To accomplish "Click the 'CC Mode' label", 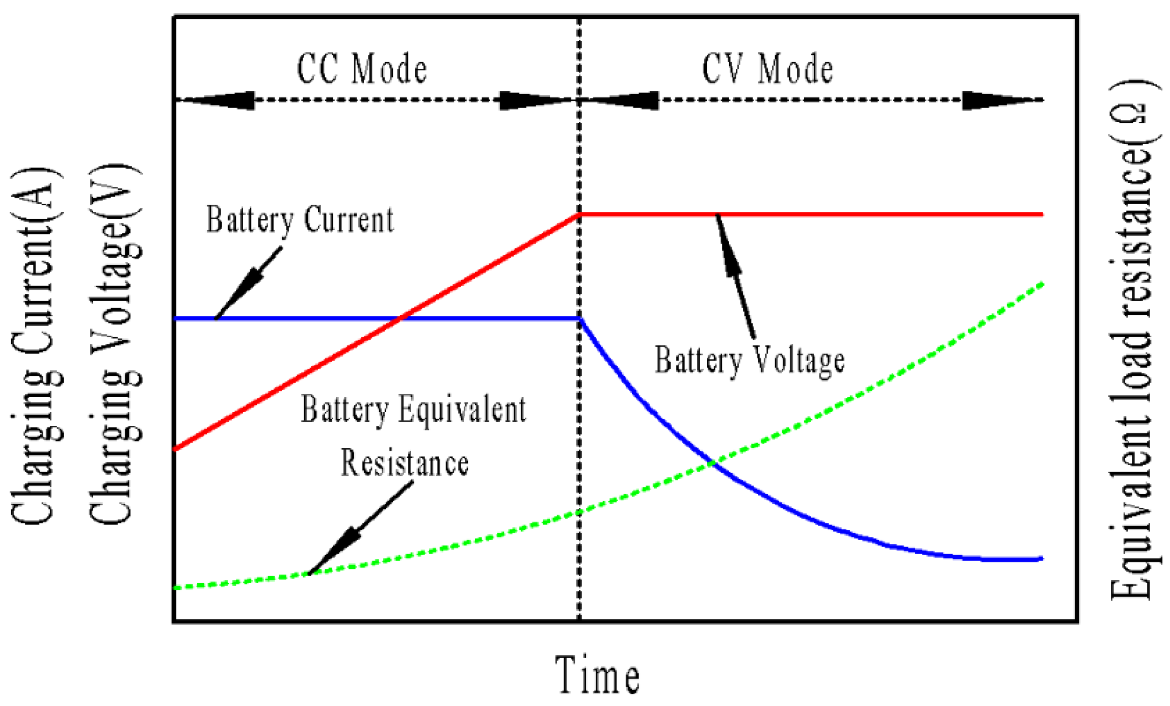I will click(x=362, y=69).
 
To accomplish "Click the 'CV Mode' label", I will click(x=767, y=69).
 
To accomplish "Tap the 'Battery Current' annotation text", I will click(x=300, y=220).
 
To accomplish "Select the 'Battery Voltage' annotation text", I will click(x=749, y=361).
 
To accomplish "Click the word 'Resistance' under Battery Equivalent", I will click(x=405, y=464).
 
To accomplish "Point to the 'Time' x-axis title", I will click(x=597, y=675).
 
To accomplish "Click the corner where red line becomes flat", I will click(x=580, y=214).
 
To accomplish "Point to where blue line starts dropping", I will click(x=581, y=319).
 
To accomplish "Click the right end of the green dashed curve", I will click(x=1043, y=284).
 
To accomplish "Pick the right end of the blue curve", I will click(x=1042, y=559).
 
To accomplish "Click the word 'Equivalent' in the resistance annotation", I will click(x=462, y=410).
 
